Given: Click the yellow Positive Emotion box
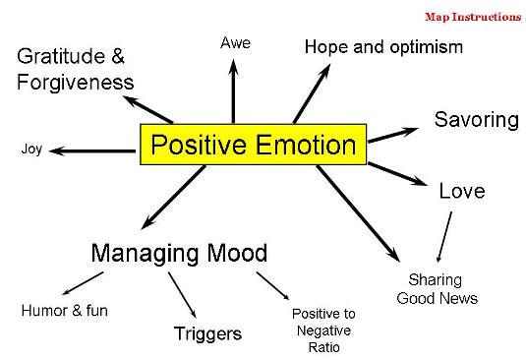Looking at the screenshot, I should pos(253,147).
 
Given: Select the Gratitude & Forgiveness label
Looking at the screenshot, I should pos(75,69).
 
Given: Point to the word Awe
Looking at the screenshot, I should pos(236,42).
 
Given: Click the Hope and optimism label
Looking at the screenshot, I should pos(382,46).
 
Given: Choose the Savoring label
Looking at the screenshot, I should pos(476,120).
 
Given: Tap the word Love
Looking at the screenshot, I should pos(461,191).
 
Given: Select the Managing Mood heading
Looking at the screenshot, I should pos(179,253).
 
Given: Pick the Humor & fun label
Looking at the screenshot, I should pos(65,311).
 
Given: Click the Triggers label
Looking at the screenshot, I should pos(207,333).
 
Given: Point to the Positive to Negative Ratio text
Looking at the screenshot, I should pos(323,330).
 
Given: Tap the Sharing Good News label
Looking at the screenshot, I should pos(437,289).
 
